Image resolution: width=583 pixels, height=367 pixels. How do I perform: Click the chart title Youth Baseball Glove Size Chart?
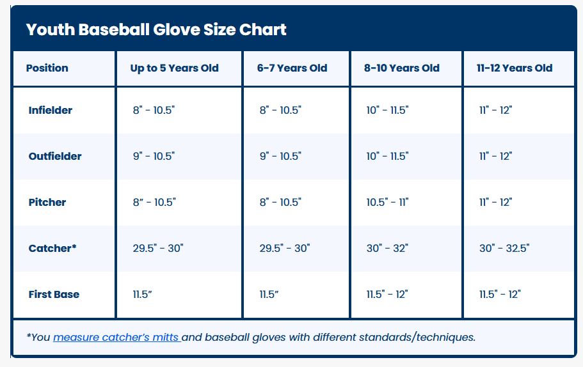[156, 29]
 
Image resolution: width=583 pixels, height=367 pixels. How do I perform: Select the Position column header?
[47, 68]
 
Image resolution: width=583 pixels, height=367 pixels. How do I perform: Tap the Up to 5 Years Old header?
[174, 68]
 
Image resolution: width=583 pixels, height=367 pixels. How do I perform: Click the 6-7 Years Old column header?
[292, 68]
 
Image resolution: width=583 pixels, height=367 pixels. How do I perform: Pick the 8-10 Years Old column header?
[402, 68]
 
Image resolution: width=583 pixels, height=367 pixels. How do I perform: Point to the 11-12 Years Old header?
[515, 68]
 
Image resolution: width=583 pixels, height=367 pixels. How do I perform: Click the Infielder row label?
[50, 111]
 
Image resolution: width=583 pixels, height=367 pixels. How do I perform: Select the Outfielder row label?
[55, 157]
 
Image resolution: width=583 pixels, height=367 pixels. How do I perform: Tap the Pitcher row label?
[47, 203]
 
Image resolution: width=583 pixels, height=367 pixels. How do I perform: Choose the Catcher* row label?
[52, 248]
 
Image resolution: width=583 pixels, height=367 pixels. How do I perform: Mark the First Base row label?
[54, 295]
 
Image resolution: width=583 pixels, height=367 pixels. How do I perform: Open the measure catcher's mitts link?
[116, 338]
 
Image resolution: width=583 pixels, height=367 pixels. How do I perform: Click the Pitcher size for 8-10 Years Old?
[387, 203]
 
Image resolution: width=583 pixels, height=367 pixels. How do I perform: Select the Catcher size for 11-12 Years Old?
[504, 248]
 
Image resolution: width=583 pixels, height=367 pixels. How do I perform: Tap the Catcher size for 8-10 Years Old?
[387, 248]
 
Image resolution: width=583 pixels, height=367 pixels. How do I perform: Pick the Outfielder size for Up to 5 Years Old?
[154, 157]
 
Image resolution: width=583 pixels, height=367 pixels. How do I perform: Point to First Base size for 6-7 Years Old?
[269, 295]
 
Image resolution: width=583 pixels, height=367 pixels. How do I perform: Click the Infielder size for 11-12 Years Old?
[495, 111]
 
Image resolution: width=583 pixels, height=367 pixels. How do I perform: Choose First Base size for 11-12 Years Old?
[500, 295]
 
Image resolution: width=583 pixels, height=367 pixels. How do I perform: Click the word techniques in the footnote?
[446, 338]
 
